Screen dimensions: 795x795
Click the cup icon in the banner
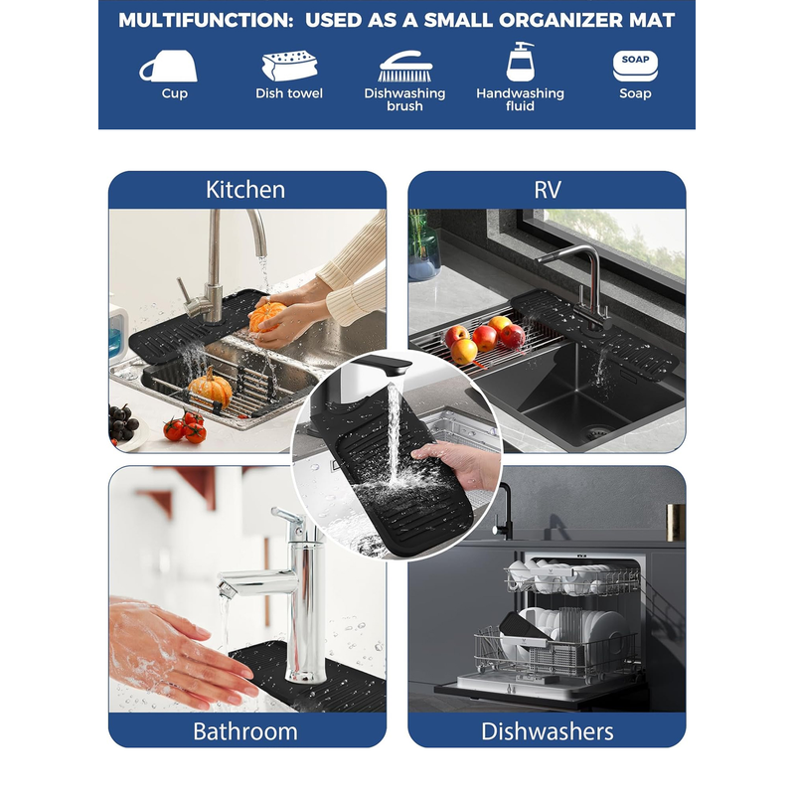point(168,66)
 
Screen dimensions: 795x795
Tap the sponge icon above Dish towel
point(289,66)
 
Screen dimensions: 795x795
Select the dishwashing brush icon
point(405,66)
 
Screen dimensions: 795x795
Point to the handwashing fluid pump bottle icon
point(521,62)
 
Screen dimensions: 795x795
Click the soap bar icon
point(635,66)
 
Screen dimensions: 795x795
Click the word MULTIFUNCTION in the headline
point(206,20)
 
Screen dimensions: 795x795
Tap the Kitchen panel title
point(245,190)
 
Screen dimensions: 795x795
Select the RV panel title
point(548,190)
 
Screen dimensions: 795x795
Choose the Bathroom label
point(245,731)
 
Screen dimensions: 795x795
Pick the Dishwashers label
point(548,731)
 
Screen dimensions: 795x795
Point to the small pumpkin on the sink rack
point(211,388)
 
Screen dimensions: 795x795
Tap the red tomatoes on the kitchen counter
point(185,427)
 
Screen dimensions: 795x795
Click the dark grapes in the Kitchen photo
point(122,421)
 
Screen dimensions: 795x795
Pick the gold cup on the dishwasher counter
point(676,523)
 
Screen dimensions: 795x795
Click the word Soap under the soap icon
point(635,93)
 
